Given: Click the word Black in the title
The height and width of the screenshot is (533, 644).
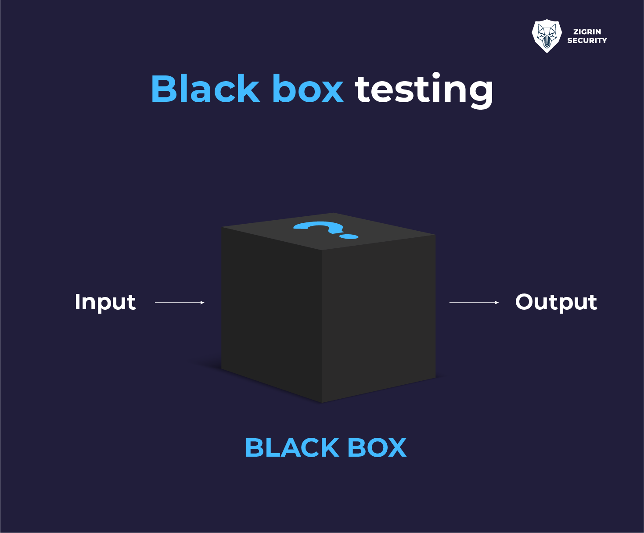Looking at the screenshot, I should coord(205,89).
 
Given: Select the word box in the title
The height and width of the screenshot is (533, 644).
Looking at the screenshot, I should coord(307,89).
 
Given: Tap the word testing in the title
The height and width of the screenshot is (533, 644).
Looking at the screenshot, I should coord(424,89).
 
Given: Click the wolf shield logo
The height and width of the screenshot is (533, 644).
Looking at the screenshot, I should coord(547,36).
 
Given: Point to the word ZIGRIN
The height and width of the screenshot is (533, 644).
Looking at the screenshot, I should coord(587,32).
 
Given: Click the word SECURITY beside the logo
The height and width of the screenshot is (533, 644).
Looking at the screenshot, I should coord(587,40).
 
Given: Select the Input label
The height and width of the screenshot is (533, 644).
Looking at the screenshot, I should coord(105,302).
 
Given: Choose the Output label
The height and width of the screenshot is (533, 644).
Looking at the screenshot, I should coord(556,302).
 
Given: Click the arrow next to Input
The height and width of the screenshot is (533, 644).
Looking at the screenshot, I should coord(179,303).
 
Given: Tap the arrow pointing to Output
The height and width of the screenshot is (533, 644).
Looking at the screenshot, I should coord(474,303).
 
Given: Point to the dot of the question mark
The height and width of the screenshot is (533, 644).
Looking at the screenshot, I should coord(349,237).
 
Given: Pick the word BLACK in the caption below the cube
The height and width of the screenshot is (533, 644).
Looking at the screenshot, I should coord(291,448).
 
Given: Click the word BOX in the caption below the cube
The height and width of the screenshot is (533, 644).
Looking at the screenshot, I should coord(377,448).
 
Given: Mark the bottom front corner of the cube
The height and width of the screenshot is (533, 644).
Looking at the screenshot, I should coord(322,402).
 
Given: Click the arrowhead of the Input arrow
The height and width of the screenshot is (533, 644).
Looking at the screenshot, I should coord(202,303).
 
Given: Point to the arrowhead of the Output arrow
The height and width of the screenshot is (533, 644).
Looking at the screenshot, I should coord(497,303).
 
